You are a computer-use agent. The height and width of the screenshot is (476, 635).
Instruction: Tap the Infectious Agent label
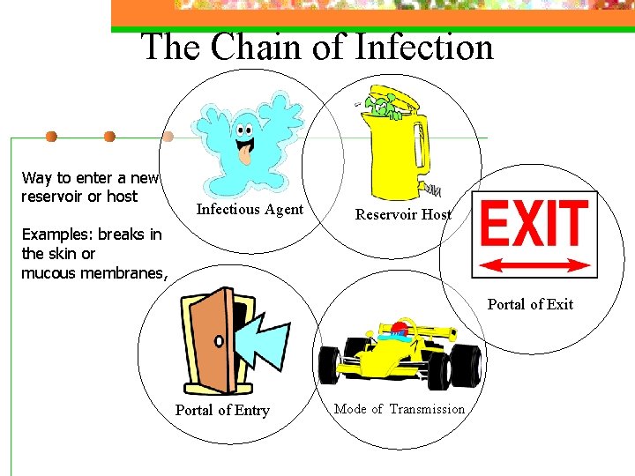point(250,210)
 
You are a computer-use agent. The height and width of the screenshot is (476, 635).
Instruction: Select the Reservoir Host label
point(403,214)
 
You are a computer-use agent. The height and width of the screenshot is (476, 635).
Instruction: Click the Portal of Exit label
point(530,305)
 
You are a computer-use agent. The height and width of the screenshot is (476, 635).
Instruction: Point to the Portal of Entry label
point(222,410)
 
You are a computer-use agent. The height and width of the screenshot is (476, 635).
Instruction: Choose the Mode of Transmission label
point(400,409)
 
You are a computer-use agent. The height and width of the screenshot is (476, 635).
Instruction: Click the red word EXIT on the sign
point(534,224)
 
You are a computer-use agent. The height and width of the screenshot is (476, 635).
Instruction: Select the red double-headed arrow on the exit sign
point(535,264)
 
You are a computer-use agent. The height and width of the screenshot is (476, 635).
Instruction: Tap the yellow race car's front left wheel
point(330,362)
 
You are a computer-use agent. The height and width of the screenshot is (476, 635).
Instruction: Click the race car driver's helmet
point(400,331)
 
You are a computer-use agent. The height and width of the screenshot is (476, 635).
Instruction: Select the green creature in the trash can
point(381,108)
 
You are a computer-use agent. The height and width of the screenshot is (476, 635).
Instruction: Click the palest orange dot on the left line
point(168,137)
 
